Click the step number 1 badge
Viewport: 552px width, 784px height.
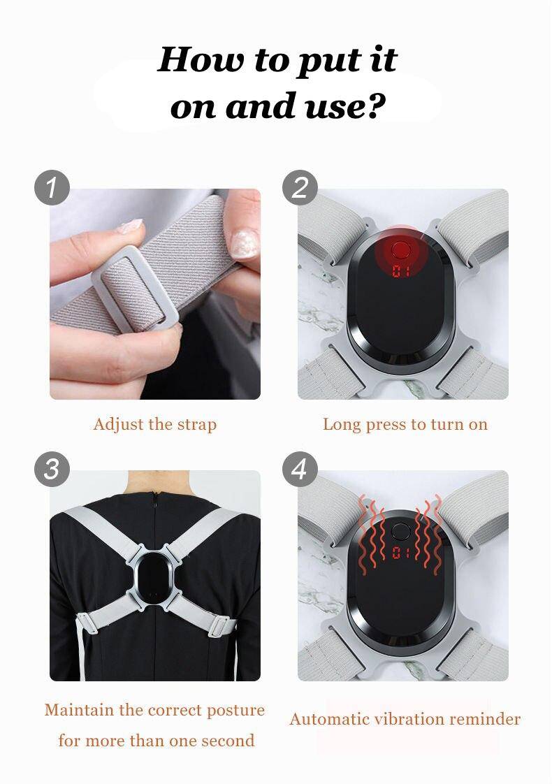point(52,188)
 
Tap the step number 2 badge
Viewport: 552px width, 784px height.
point(300,188)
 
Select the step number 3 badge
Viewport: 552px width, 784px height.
point(52,470)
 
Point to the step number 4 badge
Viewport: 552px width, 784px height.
point(300,470)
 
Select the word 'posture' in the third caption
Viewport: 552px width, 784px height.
point(235,711)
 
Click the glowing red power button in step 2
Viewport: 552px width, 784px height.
point(400,249)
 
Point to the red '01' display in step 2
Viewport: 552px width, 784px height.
point(401,272)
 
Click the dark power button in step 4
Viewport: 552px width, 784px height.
point(400,531)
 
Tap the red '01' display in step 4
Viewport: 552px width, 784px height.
point(400,553)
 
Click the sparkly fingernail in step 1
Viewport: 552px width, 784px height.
point(245,243)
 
